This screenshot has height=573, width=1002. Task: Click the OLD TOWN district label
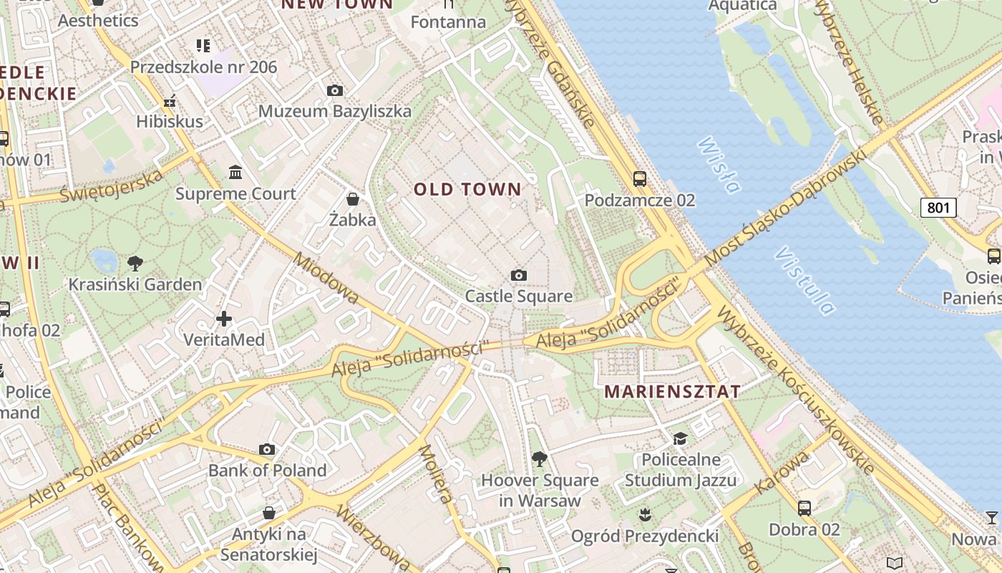tap(468, 190)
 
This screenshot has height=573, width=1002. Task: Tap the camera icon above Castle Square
tap(519, 276)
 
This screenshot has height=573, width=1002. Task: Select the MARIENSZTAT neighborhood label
tap(672, 392)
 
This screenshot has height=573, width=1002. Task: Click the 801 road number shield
tap(938, 208)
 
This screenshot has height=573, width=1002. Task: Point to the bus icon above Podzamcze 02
tap(639, 179)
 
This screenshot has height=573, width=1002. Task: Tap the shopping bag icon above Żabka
tap(352, 198)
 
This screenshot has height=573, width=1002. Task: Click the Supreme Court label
tap(235, 194)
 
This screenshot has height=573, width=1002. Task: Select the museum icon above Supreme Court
tap(235, 172)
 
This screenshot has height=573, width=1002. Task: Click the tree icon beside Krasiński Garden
tap(134, 263)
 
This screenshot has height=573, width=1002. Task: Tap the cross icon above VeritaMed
tap(224, 318)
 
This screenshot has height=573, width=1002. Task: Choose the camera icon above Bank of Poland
tap(267, 450)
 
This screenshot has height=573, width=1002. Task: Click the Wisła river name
tap(717, 165)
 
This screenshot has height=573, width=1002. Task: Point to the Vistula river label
tap(804, 281)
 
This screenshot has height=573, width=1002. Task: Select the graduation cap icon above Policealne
tap(680, 438)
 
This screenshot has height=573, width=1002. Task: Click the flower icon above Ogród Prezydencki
tap(645, 514)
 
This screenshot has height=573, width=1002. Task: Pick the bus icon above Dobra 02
tap(804, 509)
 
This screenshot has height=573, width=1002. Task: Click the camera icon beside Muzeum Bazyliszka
tap(334, 91)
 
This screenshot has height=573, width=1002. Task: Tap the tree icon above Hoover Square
tap(540, 458)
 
